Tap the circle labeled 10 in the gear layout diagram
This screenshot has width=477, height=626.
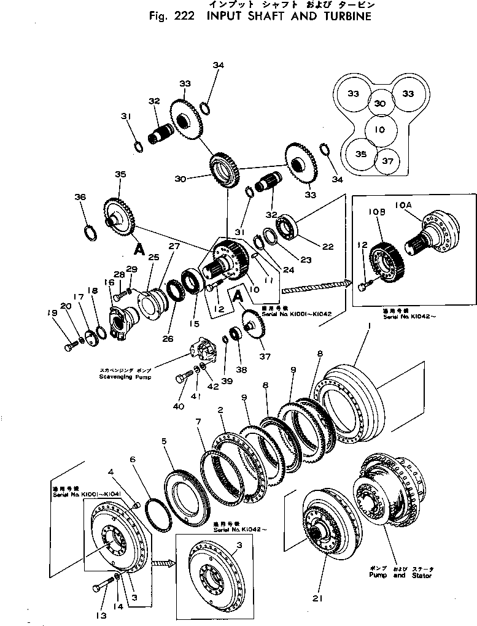379,129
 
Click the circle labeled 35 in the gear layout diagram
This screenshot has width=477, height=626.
361,155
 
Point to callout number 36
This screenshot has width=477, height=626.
80,197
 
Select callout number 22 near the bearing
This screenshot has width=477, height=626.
328,247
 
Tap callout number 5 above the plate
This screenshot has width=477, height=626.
164,440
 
